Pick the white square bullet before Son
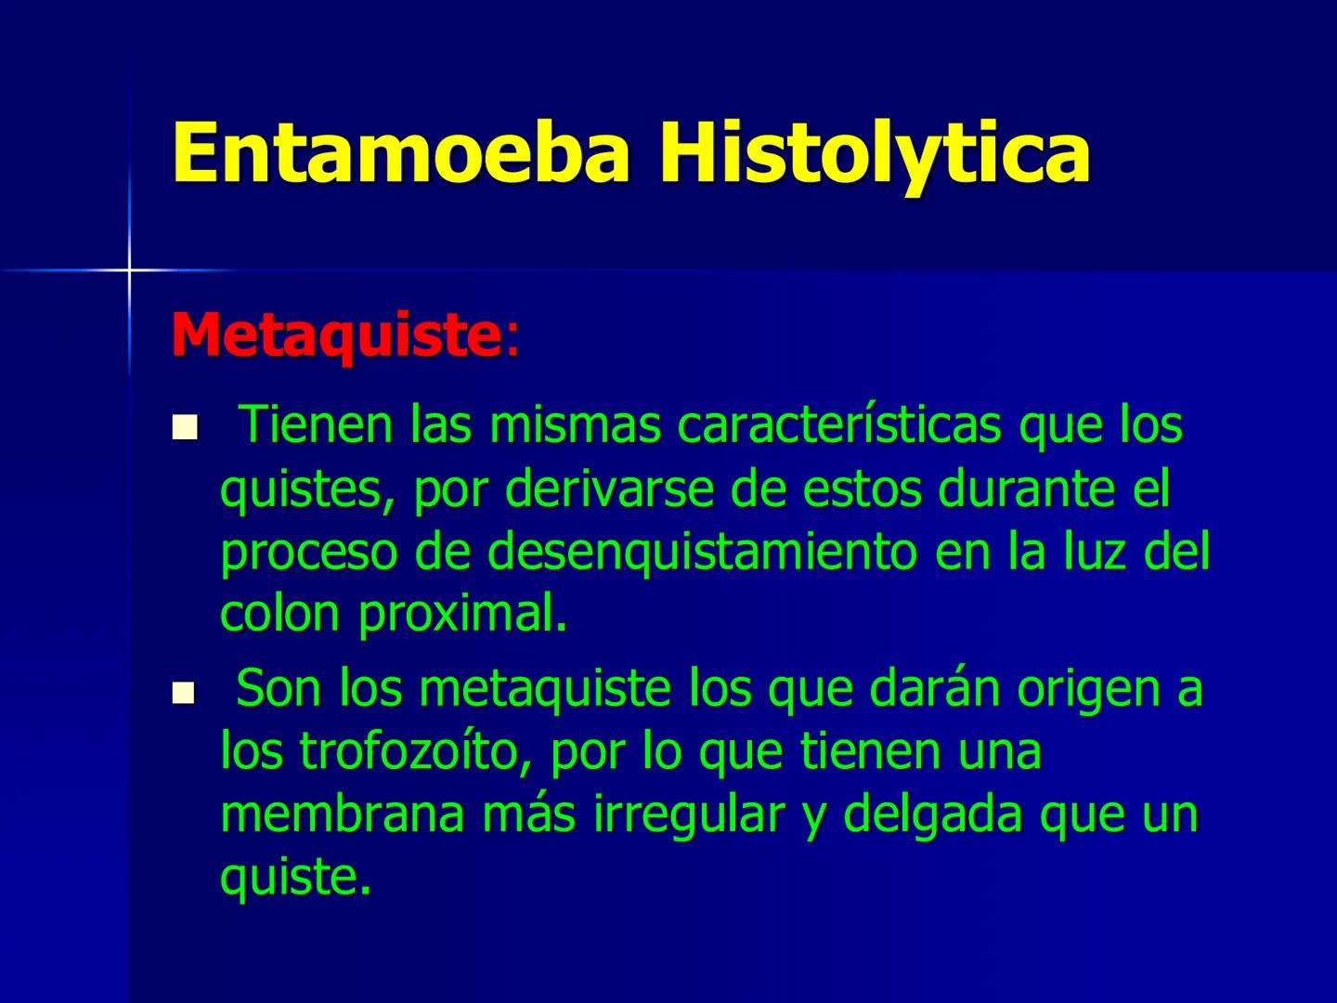click(186, 692)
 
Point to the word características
click(839, 425)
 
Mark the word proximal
click(461, 614)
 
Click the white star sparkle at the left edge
click(129, 269)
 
